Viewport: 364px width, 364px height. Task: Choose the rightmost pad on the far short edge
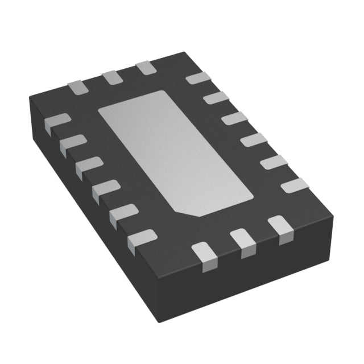pyautogui.click(x=146, y=68)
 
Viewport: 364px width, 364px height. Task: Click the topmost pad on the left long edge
pyautogui.click(x=57, y=122)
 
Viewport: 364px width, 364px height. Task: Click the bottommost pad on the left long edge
pyautogui.click(x=142, y=238)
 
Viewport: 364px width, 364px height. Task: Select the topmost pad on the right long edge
pyautogui.click(x=198, y=79)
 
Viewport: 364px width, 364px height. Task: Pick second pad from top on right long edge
pyautogui.click(x=216, y=98)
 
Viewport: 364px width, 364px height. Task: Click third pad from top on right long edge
pyautogui.click(x=234, y=118)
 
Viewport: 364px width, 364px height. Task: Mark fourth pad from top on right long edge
pyautogui.click(x=254, y=139)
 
